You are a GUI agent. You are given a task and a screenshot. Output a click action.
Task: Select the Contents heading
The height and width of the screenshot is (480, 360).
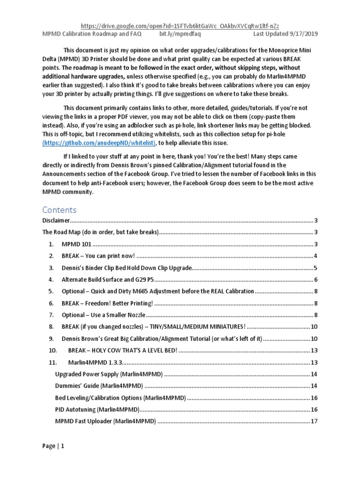point(59,210)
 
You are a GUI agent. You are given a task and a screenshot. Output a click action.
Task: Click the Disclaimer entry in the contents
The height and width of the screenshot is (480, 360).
point(56,220)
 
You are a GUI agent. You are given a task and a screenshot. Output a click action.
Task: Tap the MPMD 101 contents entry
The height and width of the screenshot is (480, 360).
point(76,244)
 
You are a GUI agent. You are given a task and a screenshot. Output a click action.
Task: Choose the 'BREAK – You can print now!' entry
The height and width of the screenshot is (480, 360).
point(98,256)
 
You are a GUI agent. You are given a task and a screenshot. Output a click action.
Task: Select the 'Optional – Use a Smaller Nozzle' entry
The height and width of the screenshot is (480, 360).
point(104,315)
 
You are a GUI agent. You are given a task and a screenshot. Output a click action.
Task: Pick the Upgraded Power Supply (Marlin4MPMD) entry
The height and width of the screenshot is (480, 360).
point(109,374)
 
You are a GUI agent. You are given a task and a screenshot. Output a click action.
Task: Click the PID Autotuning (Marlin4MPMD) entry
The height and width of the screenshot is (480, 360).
point(97,410)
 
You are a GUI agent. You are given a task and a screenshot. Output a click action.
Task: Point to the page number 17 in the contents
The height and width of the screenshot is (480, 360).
point(315,421)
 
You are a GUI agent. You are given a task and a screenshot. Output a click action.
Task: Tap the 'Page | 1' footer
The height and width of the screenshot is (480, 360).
point(53,446)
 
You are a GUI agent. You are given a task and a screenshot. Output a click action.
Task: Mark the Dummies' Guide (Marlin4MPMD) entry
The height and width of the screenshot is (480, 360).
point(99,386)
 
